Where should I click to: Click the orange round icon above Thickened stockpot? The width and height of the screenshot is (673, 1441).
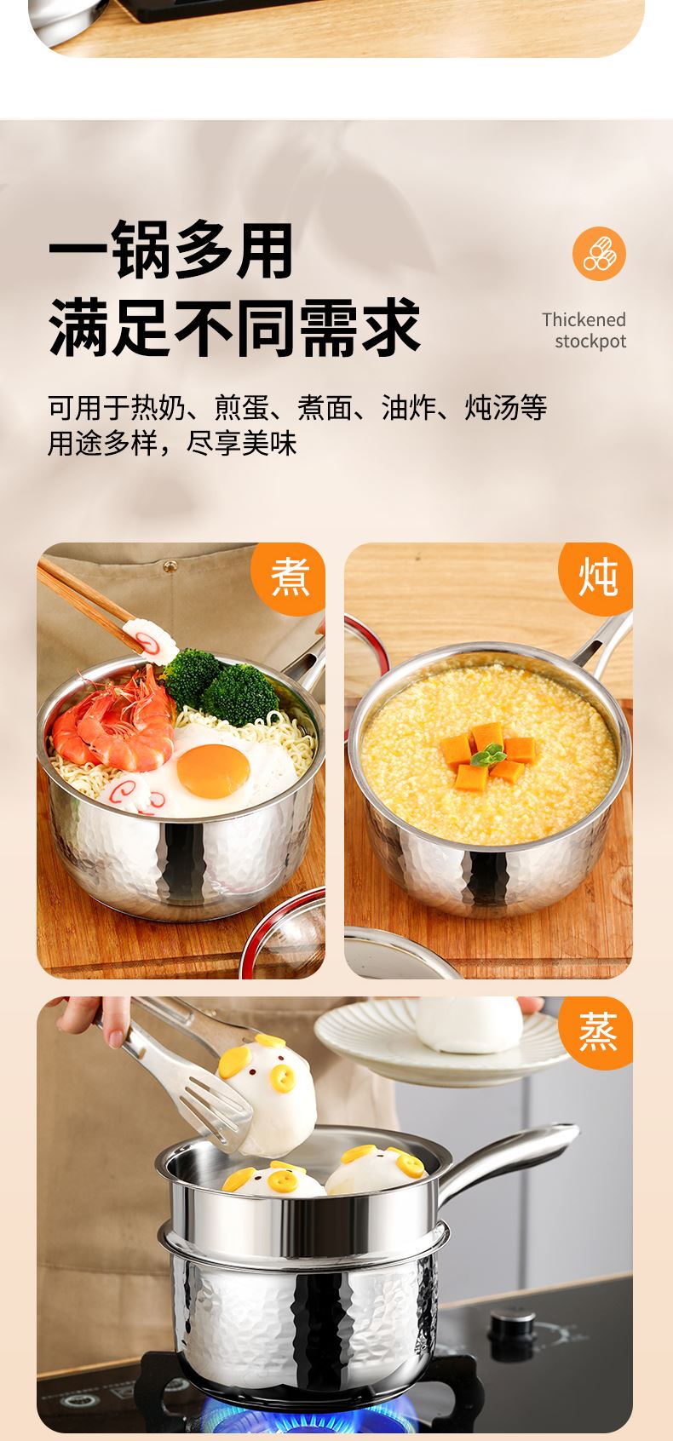(x=599, y=254)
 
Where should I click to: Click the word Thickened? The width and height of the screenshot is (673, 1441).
(x=584, y=319)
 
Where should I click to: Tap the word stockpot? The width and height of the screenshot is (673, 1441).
(x=590, y=342)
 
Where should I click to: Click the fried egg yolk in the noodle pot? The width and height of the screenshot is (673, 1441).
(x=213, y=771)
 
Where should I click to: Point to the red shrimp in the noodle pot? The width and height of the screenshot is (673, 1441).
(x=114, y=719)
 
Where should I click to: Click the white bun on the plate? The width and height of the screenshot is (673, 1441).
(x=469, y=1025)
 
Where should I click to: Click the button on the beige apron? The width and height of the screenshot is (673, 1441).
(x=170, y=566)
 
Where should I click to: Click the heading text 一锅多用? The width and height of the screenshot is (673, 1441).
(x=171, y=250)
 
